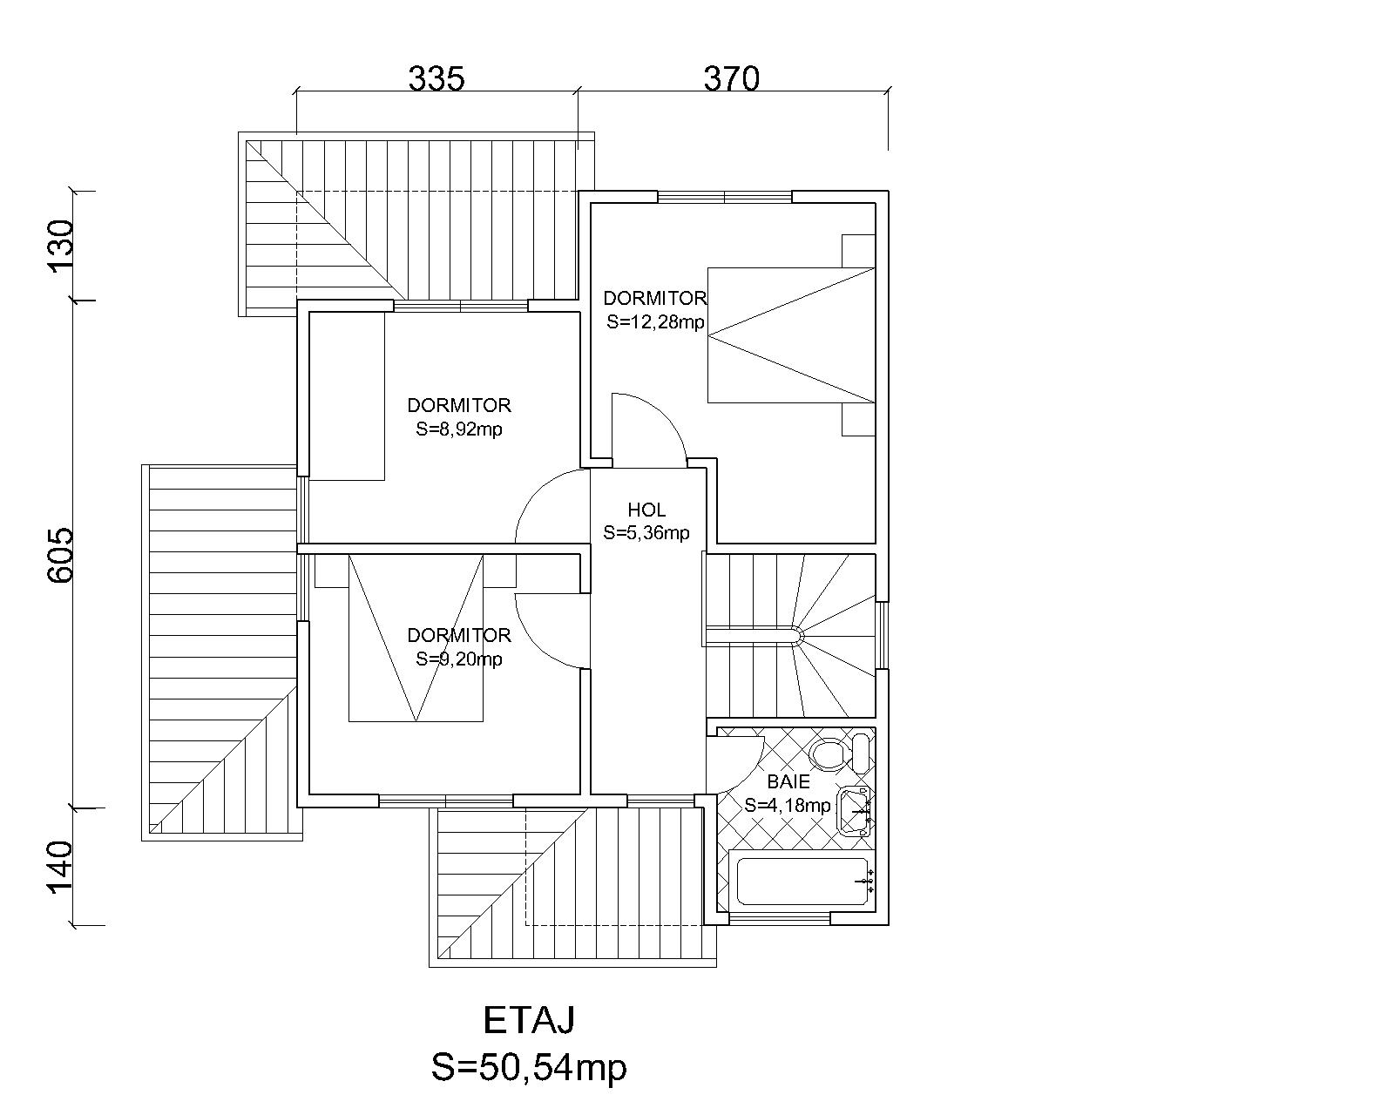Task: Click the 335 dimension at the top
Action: click(x=436, y=78)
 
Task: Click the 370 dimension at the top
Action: click(x=731, y=78)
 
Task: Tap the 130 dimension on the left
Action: click(x=62, y=247)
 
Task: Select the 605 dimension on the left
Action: click(x=62, y=555)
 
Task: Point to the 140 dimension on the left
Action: click(x=62, y=868)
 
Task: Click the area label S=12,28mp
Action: click(x=655, y=321)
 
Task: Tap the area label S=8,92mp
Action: click(x=458, y=429)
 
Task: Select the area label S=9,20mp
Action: click(x=458, y=659)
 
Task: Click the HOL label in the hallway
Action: click(x=646, y=510)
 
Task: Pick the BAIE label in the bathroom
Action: click(x=788, y=781)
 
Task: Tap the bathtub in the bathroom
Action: click(x=802, y=882)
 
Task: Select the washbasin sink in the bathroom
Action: click(x=855, y=812)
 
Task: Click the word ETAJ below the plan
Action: click(x=529, y=1020)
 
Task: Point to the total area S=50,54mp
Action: click(x=529, y=1068)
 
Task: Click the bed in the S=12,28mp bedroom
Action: click(x=791, y=335)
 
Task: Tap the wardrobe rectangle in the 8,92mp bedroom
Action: click(x=347, y=395)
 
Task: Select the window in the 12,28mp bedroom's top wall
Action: click(x=725, y=197)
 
